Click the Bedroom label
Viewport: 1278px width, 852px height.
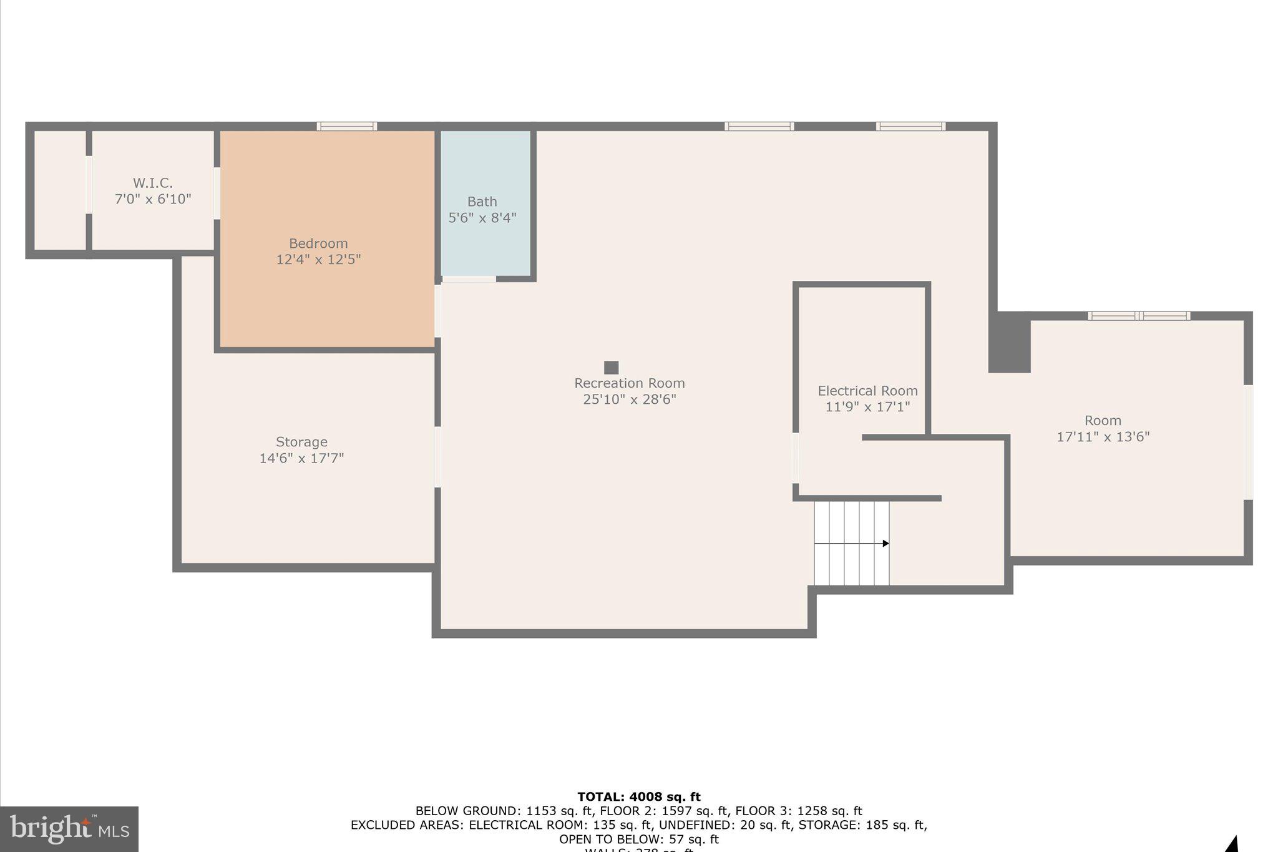pyautogui.click(x=318, y=243)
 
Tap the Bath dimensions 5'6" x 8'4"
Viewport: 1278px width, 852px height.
pyautogui.click(x=482, y=218)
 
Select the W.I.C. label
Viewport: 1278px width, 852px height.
pyautogui.click(x=153, y=183)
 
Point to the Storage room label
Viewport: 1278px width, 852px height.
pyautogui.click(x=301, y=442)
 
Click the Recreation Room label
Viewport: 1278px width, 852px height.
pyautogui.click(x=629, y=383)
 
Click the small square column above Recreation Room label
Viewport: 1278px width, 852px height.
pyautogui.click(x=611, y=368)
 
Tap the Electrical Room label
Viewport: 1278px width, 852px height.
pyautogui.click(x=867, y=391)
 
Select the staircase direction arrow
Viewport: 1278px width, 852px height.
pyautogui.click(x=885, y=544)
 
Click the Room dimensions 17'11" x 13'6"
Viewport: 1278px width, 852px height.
pyautogui.click(x=1103, y=437)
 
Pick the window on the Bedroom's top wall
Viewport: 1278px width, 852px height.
pyautogui.click(x=347, y=126)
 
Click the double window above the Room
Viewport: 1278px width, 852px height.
pyautogui.click(x=1139, y=316)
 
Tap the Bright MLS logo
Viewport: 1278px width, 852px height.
pyautogui.click(x=69, y=829)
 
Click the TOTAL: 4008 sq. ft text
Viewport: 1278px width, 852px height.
pyautogui.click(x=638, y=797)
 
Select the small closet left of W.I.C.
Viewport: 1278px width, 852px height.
pyautogui.click(x=59, y=190)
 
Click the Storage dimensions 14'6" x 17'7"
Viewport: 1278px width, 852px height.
pyautogui.click(x=301, y=458)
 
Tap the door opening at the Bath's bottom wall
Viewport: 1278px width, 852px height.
pyautogui.click(x=469, y=278)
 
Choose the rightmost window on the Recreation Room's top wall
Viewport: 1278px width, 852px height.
pyautogui.click(x=910, y=126)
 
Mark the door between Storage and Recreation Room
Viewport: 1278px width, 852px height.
pyautogui.click(x=437, y=457)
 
